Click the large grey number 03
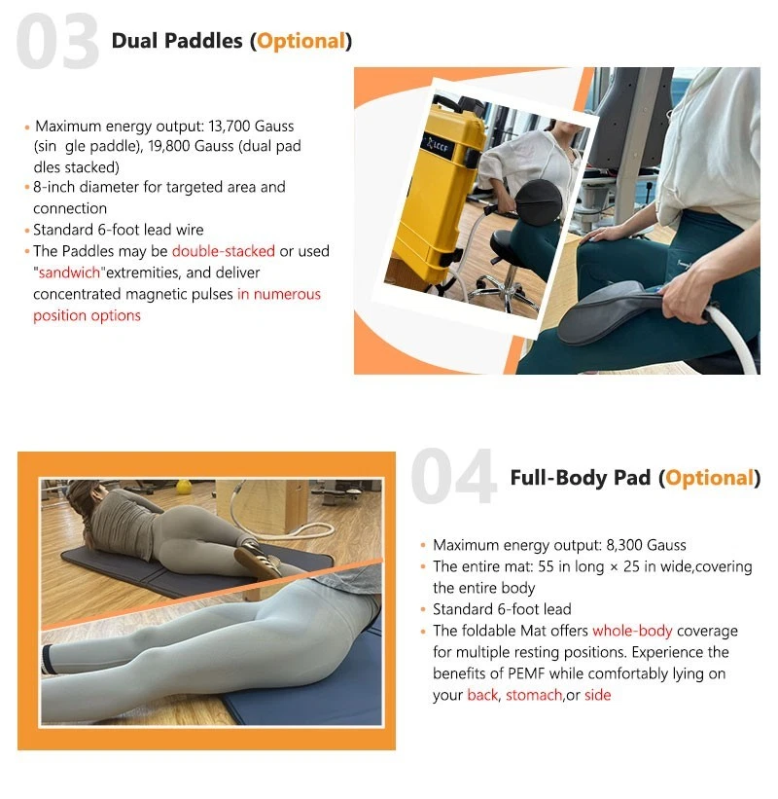coord(57,41)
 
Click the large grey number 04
coord(453,477)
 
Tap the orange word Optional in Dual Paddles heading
coord(301,41)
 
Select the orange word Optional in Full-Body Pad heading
coord(709,478)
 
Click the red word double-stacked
coord(224,251)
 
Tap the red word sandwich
coord(69,272)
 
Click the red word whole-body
coord(632,631)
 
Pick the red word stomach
coord(534,695)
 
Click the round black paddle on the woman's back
coord(538,200)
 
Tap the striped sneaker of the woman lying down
coord(258,561)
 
